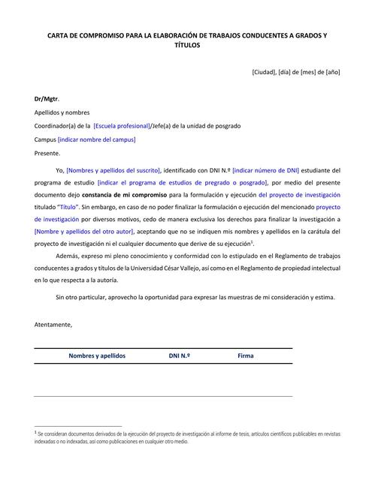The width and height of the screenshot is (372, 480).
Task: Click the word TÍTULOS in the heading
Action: tap(186, 45)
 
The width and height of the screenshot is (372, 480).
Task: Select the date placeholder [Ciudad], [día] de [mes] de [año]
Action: tap(296, 72)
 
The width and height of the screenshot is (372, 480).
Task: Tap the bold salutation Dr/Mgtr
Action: tap(47, 99)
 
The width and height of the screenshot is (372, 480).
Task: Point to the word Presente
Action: tap(47, 153)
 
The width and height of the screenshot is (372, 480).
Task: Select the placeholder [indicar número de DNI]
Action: tap(265, 170)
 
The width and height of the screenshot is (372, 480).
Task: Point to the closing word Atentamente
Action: tap(54, 324)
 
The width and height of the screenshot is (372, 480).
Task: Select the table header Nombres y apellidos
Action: tap(97, 355)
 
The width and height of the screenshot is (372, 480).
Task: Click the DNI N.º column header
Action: tap(179, 355)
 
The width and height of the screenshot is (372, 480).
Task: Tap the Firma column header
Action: tap(246, 355)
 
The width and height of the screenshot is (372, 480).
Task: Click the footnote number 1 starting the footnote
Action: tap(35, 432)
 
